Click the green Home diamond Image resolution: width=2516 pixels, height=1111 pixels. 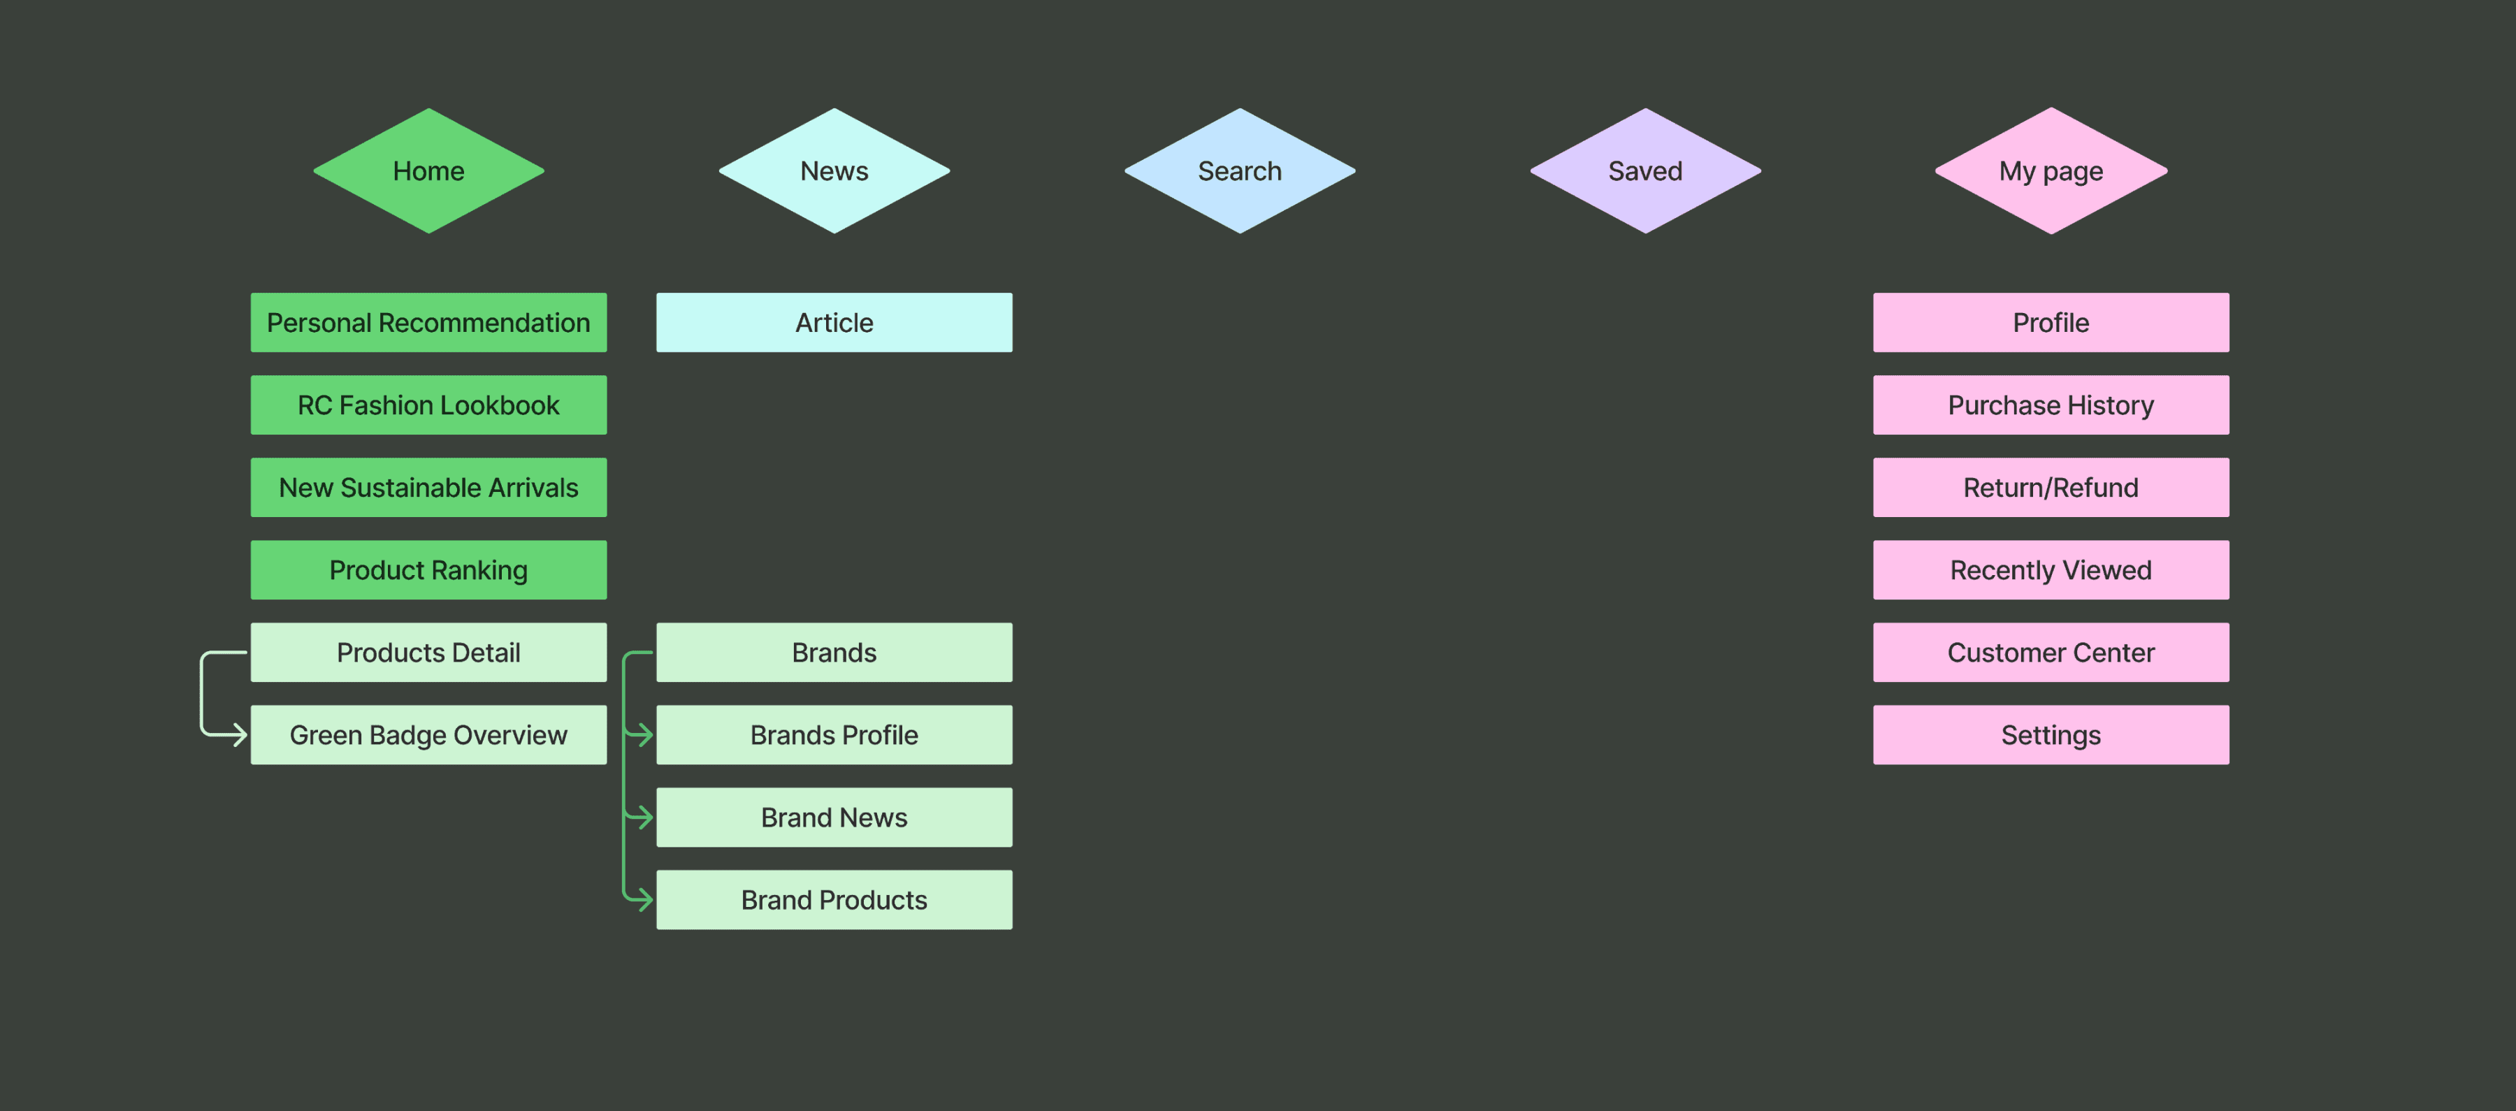click(x=429, y=171)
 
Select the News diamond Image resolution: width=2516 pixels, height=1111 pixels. click(x=834, y=171)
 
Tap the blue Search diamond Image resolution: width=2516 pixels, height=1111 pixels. click(x=1239, y=171)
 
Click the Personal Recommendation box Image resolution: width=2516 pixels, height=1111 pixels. click(x=429, y=322)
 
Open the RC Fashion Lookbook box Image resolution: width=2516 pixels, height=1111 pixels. click(x=429, y=405)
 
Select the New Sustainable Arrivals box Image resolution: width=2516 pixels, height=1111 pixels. click(x=429, y=487)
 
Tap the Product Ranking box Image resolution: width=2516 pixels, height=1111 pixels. click(x=429, y=570)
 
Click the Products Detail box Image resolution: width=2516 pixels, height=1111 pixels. click(x=429, y=652)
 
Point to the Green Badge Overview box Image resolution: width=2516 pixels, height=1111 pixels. click(x=429, y=735)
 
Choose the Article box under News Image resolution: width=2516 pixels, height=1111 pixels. click(x=834, y=322)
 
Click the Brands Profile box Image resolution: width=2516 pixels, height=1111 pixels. click(x=834, y=735)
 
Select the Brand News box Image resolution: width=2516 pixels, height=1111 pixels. click(x=834, y=817)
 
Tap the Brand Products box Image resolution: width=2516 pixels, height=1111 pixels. click(x=834, y=900)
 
